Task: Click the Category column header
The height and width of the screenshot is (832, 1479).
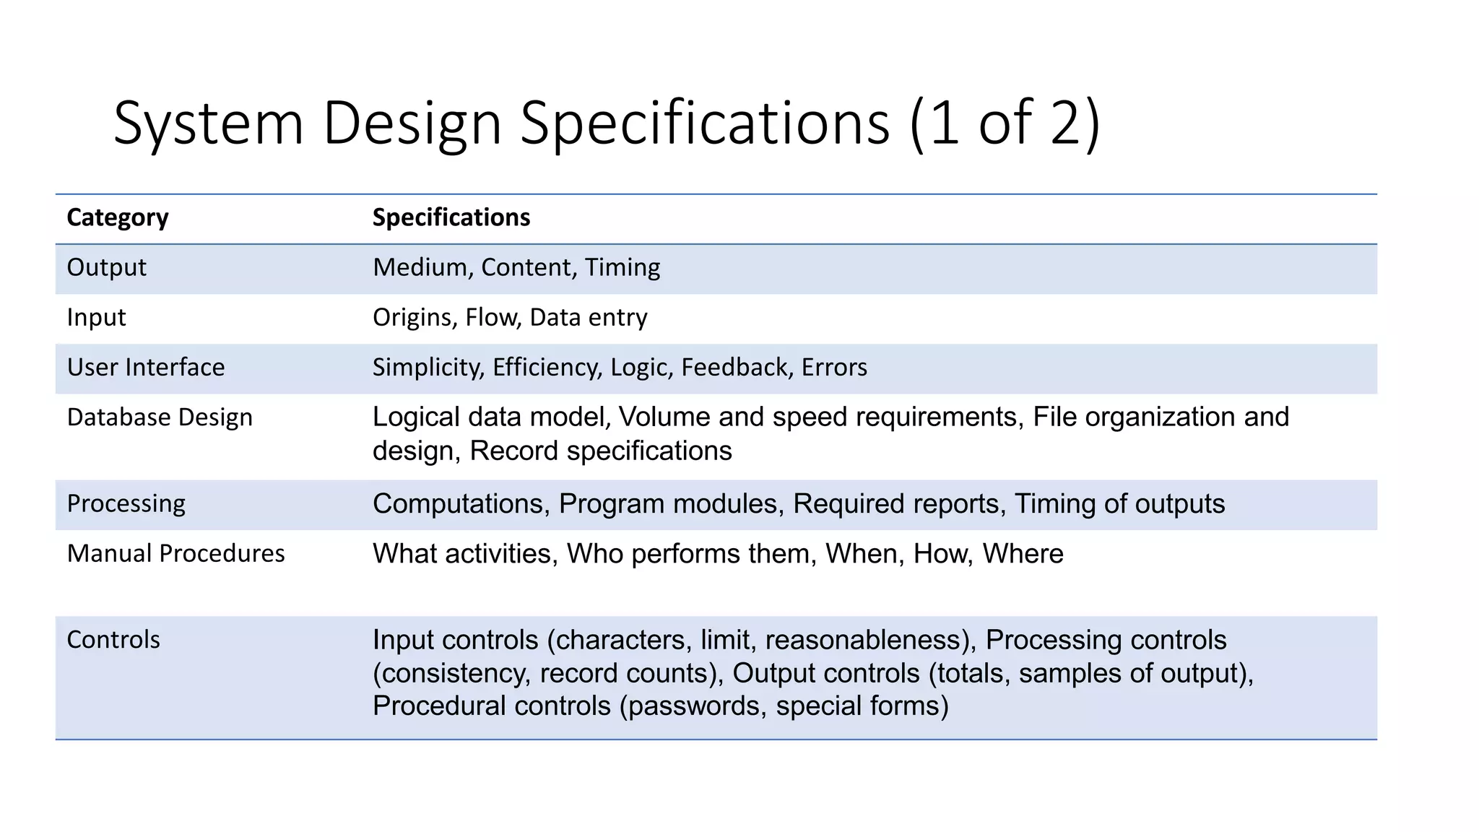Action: point(117,218)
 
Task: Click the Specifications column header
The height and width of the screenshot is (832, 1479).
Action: point(451,218)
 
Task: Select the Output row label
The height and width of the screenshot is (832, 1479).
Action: point(106,268)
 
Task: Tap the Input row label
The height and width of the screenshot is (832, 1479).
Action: point(96,318)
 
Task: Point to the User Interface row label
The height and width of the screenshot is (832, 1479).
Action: point(145,368)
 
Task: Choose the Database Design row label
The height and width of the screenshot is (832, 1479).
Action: point(160,417)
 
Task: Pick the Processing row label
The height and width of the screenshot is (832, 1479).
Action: point(126,503)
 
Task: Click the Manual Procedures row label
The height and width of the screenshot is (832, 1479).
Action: point(175,554)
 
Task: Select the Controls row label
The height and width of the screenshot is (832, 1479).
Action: point(113,640)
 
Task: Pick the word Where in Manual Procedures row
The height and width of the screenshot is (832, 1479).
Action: point(1023,554)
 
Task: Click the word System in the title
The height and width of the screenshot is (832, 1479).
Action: point(208,124)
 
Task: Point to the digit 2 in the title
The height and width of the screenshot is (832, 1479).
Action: point(1065,123)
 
